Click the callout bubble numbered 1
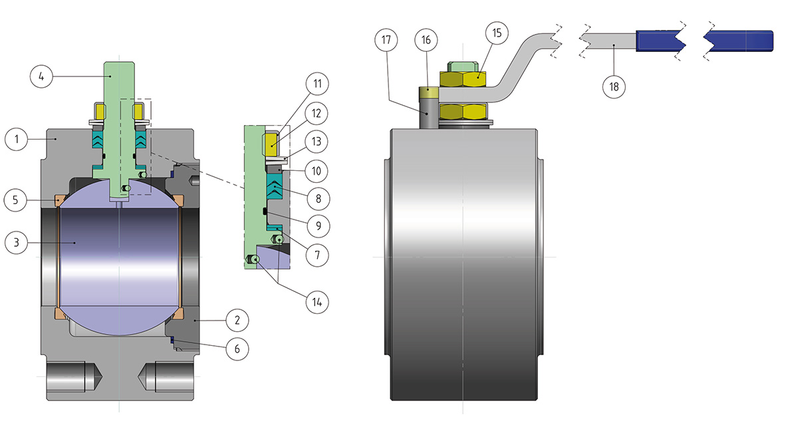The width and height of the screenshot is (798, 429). click(x=17, y=140)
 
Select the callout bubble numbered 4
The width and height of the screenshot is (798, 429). click(x=42, y=76)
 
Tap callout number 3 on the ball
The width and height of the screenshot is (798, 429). click(x=16, y=243)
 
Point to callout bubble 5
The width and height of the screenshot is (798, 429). click(x=16, y=199)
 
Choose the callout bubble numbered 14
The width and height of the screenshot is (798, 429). click(x=317, y=301)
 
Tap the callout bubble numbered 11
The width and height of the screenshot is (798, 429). click(x=318, y=84)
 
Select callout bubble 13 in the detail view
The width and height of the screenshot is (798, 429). click(x=318, y=142)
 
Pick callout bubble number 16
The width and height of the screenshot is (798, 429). click(x=426, y=40)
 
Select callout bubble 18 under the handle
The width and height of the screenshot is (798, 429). click(x=614, y=86)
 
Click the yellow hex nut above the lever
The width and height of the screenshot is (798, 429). click(x=465, y=79)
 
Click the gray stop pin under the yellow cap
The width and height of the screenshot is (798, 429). click(x=428, y=113)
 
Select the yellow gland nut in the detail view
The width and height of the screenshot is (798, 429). click(x=273, y=142)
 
